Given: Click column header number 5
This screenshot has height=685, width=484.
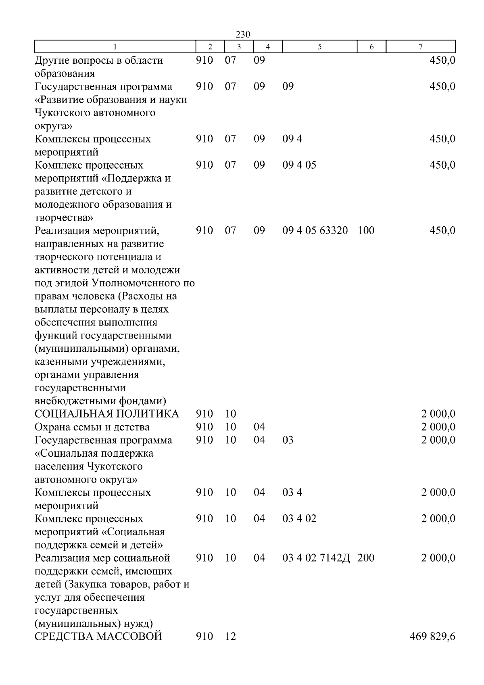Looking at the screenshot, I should point(319,47).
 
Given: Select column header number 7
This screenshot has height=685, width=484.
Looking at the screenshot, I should point(420,47).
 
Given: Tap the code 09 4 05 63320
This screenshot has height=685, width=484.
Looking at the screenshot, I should point(315,231).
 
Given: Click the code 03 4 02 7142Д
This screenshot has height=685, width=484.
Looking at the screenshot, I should point(316,558).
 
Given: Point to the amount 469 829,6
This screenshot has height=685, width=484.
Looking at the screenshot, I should point(432,637).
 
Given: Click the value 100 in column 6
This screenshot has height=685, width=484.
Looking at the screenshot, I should point(366,231).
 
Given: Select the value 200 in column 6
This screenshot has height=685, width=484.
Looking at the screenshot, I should point(366,558).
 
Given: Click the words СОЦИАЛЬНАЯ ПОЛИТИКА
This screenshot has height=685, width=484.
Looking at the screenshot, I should point(107,414).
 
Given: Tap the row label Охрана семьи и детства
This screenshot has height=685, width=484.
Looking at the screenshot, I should point(92,427).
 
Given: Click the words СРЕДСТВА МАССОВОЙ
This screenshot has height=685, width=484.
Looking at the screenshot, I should point(98,637).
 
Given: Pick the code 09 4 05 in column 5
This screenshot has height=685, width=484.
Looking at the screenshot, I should point(299,165).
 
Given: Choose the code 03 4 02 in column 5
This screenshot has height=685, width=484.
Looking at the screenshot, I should point(299,519).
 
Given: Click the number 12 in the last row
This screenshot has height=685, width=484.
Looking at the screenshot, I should point(230,637).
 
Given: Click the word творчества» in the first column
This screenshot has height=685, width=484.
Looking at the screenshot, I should point(64,218).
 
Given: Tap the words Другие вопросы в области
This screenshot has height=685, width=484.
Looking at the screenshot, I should point(99,61).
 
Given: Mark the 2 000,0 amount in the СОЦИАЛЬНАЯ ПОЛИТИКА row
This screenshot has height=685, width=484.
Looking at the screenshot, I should point(438,414).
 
